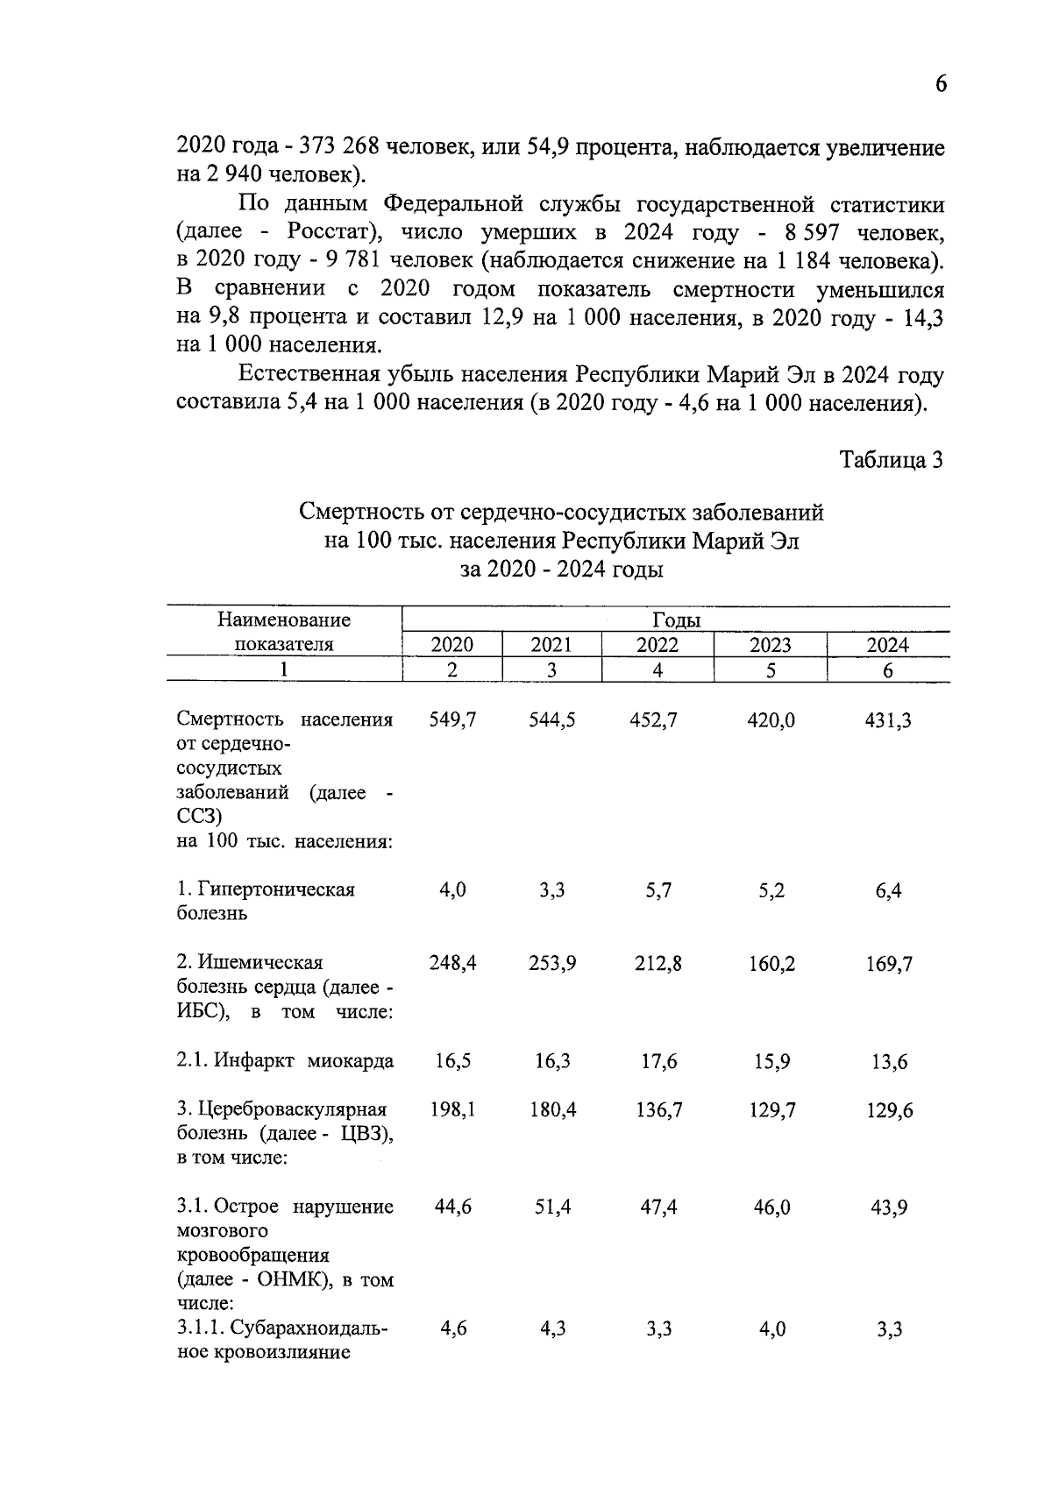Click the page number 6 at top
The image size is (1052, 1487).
[941, 84]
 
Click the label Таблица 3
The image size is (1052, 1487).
[891, 459]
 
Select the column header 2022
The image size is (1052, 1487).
[657, 645]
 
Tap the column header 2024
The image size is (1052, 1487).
[887, 645]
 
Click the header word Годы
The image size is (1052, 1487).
[676, 620]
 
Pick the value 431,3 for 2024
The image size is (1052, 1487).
[888, 720]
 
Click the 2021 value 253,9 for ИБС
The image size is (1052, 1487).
[552, 964]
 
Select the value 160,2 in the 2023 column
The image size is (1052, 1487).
[771, 964]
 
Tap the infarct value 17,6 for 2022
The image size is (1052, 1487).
[658, 1061]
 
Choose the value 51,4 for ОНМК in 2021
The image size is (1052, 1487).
[552, 1207]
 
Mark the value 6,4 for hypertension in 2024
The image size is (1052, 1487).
[888, 890]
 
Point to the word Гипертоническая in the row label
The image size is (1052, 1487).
[276, 889]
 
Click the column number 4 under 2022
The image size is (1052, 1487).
[657, 670]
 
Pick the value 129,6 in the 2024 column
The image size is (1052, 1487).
[888, 1110]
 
